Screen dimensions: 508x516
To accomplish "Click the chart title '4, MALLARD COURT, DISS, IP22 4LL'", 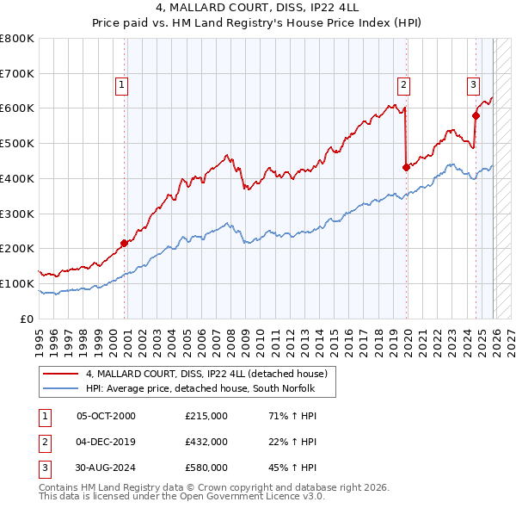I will point(257,8).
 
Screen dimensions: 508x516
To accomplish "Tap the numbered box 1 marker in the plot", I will point(122,84).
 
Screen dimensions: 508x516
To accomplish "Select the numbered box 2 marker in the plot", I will point(402,84).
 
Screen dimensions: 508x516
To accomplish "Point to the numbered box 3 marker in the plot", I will point(473,84).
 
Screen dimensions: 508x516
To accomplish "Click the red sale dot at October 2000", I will point(124,243).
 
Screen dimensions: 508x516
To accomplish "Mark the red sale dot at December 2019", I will point(406,167).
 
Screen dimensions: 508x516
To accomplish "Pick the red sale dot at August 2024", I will point(476,115).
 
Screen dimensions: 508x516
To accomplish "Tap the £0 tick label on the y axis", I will point(28,319).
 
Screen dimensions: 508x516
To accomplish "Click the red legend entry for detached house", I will point(206,375).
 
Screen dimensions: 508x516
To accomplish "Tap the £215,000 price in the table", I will point(206,416).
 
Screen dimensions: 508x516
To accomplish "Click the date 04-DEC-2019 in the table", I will point(106,442).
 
